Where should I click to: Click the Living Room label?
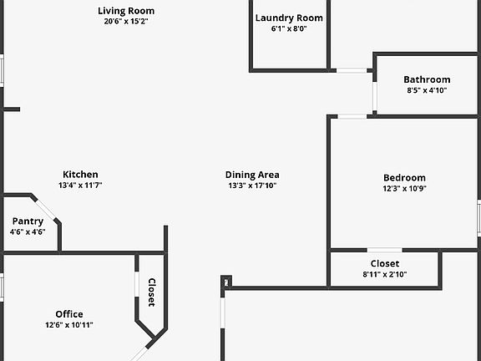[126, 11]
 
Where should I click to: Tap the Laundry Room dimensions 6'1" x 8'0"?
[289, 29]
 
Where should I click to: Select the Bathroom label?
[427, 80]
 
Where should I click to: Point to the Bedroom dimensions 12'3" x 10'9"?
[405, 189]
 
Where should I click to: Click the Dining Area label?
[252, 175]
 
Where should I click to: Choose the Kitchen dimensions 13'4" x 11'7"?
[80, 186]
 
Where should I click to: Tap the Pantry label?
[28, 221]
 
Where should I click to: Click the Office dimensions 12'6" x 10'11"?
[69, 325]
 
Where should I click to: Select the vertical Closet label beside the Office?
[151, 292]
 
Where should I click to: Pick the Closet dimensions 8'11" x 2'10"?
[385, 274]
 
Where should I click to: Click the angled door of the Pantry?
[46, 210]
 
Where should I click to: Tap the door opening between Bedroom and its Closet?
[385, 250]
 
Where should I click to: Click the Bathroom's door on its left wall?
[375, 96]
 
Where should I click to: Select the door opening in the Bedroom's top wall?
[352, 116]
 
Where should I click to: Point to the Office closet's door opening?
[137, 284]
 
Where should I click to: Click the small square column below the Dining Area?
[226, 282]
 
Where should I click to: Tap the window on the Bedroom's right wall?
[478, 218]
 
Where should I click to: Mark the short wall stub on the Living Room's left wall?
[12, 109]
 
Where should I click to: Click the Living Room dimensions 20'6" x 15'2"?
[126, 22]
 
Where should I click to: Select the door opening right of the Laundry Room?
[352, 70]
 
